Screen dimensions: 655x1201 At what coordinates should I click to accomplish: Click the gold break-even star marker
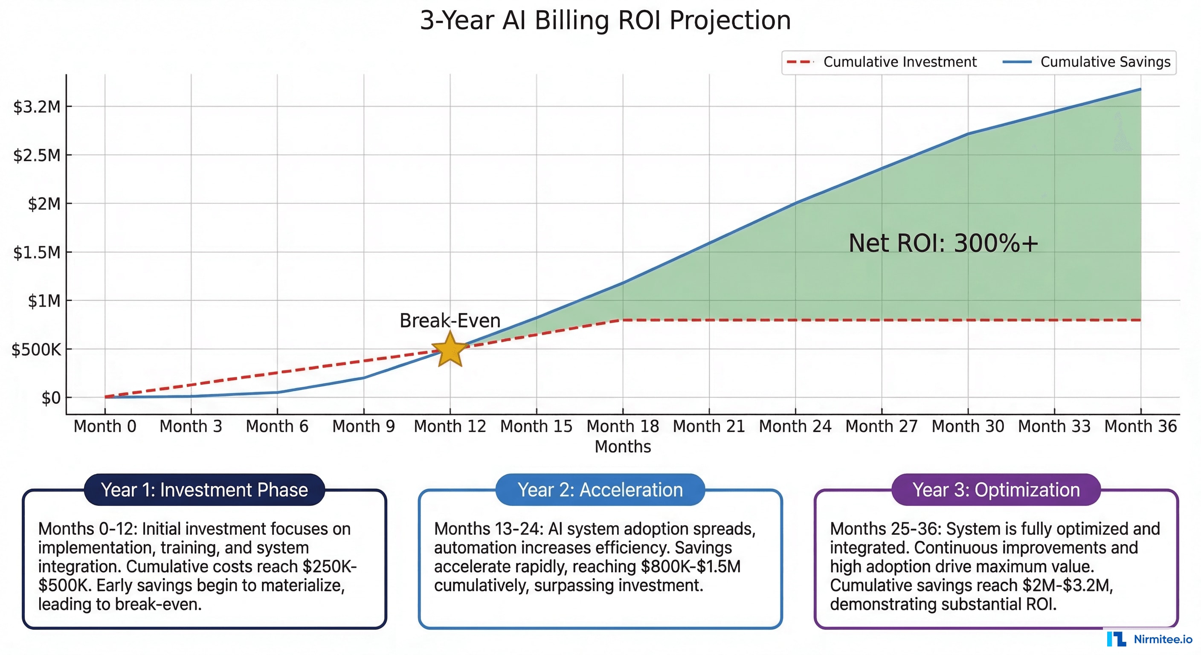(x=450, y=349)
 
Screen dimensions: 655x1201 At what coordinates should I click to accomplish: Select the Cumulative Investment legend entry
(x=881, y=62)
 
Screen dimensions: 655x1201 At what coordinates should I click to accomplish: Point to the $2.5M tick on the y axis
(x=37, y=155)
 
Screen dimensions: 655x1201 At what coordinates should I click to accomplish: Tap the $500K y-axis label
(x=36, y=349)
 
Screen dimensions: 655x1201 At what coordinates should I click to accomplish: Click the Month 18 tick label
(x=622, y=426)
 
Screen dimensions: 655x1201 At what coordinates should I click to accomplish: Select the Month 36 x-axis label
(x=1140, y=426)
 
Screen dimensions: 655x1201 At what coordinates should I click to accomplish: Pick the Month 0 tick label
(x=105, y=426)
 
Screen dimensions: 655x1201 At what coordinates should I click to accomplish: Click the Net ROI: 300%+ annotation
(x=943, y=243)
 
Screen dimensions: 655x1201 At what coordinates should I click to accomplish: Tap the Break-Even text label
(x=450, y=321)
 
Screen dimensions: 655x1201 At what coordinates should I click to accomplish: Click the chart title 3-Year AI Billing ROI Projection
(x=605, y=20)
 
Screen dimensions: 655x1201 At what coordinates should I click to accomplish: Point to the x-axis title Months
(x=622, y=446)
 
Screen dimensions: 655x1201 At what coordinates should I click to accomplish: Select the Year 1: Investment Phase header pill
(x=204, y=490)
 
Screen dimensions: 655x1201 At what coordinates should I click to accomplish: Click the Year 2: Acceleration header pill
(x=600, y=490)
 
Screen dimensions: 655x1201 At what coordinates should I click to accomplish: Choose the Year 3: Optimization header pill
(x=996, y=490)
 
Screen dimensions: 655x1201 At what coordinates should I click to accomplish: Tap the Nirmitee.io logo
(x=1149, y=639)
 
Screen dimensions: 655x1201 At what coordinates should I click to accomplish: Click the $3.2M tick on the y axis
(x=37, y=107)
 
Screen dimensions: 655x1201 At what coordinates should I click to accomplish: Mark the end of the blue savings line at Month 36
(x=1140, y=89)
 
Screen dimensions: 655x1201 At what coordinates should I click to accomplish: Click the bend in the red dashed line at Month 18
(x=622, y=320)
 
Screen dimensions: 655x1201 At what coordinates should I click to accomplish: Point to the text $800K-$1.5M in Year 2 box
(x=690, y=566)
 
